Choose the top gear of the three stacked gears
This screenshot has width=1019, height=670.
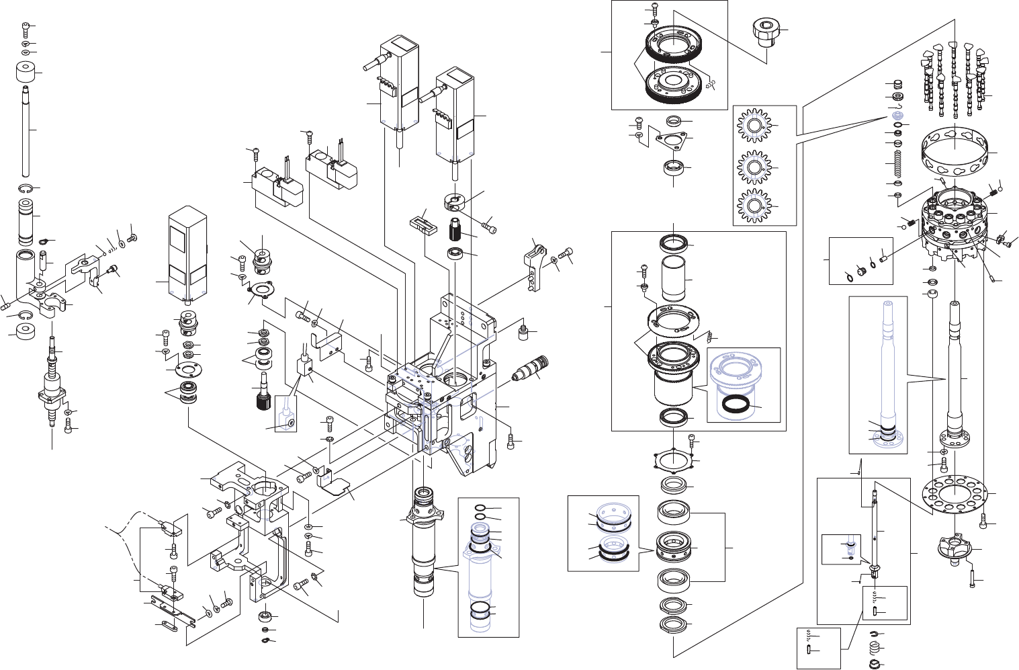pos(754,127)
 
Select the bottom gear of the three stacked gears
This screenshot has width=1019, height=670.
pos(754,206)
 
